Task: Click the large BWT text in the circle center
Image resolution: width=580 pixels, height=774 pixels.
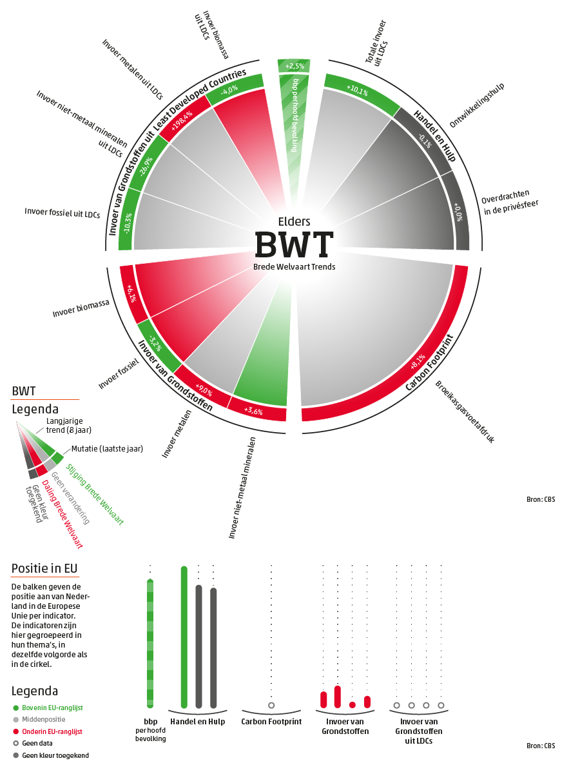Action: click(x=294, y=244)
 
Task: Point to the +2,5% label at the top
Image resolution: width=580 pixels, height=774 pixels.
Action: click(x=294, y=66)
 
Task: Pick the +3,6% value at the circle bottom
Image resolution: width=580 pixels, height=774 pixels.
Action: click(x=253, y=410)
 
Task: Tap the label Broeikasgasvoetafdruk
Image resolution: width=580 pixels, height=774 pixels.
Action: click(x=464, y=412)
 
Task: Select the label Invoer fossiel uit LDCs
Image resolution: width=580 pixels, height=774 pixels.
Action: click(x=62, y=212)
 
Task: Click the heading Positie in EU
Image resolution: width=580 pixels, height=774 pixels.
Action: click(x=44, y=568)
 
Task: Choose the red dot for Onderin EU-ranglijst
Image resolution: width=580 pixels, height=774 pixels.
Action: click(x=16, y=731)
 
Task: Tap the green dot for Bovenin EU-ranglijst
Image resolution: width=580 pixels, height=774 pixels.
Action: click(x=16, y=708)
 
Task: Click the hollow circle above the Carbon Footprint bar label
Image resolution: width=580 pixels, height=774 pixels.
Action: click(x=271, y=706)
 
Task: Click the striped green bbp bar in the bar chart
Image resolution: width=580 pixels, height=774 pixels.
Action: click(x=150, y=644)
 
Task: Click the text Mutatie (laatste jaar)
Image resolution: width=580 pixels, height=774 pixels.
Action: click(x=107, y=448)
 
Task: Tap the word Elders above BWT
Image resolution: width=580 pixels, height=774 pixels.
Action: click(x=294, y=221)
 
